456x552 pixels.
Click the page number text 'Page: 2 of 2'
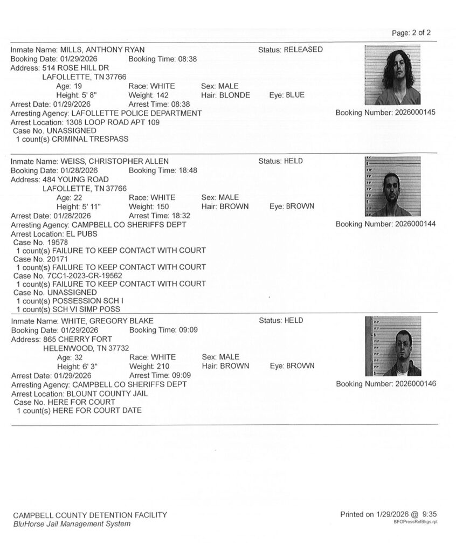(x=411, y=33)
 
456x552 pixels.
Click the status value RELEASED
(x=303, y=50)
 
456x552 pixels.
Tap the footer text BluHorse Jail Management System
(x=72, y=524)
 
